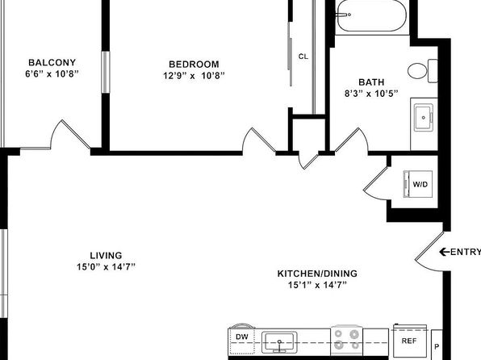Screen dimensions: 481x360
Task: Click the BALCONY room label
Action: tap(52, 63)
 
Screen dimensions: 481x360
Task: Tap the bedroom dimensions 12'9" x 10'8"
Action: tap(194, 76)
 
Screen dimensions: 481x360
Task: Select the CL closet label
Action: tap(303, 57)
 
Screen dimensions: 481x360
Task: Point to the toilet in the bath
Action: tap(422, 71)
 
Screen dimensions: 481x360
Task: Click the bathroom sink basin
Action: tap(424, 118)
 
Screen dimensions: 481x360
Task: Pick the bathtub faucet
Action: tap(343, 15)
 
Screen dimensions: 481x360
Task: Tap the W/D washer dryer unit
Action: tap(418, 184)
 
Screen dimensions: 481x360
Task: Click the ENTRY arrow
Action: tap(445, 252)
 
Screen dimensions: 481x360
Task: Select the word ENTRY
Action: tap(466, 252)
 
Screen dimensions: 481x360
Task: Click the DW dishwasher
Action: tap(242, 341)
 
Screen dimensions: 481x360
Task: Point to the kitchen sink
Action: tap(279, 342)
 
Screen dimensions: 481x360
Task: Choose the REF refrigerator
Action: tap(409, 341)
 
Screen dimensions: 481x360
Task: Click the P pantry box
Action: tap(437, 345)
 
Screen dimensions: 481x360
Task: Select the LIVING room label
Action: tap(106, 255)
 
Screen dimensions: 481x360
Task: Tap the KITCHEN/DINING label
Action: tap(317, 274)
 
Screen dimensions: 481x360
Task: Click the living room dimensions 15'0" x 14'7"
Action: tap(106, 267)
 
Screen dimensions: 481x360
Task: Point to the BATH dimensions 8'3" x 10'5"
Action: tap(371, 94)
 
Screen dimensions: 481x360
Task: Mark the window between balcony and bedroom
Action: tap(106, 72)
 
